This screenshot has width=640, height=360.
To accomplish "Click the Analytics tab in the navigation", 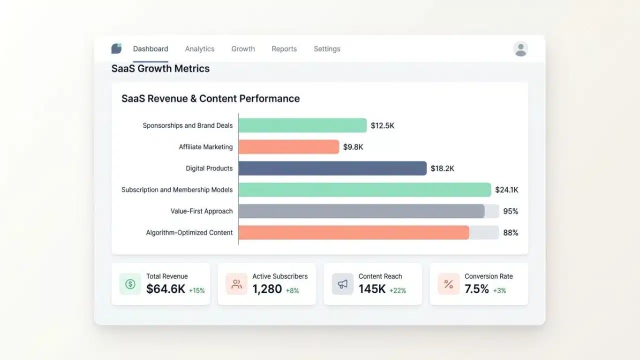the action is [199, 49].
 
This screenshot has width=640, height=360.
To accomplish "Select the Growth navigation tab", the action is [243, 49].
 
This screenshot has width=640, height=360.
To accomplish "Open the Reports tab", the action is [284, 49].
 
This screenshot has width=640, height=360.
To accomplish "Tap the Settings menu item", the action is [327, 49].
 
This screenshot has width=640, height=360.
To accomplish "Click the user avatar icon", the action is [520, 49].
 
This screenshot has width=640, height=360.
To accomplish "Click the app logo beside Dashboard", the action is [116, 48].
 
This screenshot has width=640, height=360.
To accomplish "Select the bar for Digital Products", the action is [332, 168].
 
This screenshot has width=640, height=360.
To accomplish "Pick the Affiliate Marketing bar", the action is [289, 147].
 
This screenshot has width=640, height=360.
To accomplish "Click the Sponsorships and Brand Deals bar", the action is [302, 125].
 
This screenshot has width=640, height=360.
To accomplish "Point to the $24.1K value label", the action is [506, 189].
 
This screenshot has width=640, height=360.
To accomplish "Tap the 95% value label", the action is [510, 211].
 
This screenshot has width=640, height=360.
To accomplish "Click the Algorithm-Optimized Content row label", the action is [189, 232].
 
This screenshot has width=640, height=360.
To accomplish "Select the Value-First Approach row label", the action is [201, 211].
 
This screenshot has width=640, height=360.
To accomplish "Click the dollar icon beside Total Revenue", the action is [130, 284].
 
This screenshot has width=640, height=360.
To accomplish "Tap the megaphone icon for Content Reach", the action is [342, 284].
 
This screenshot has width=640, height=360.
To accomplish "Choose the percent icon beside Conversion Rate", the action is [448, 284].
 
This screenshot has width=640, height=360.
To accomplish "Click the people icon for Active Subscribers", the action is [236, 284].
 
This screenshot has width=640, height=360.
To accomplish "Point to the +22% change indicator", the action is [397, 290].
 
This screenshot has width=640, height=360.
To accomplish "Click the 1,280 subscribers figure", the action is [267, 289].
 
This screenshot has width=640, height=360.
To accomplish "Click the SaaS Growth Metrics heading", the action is [160, 68].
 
